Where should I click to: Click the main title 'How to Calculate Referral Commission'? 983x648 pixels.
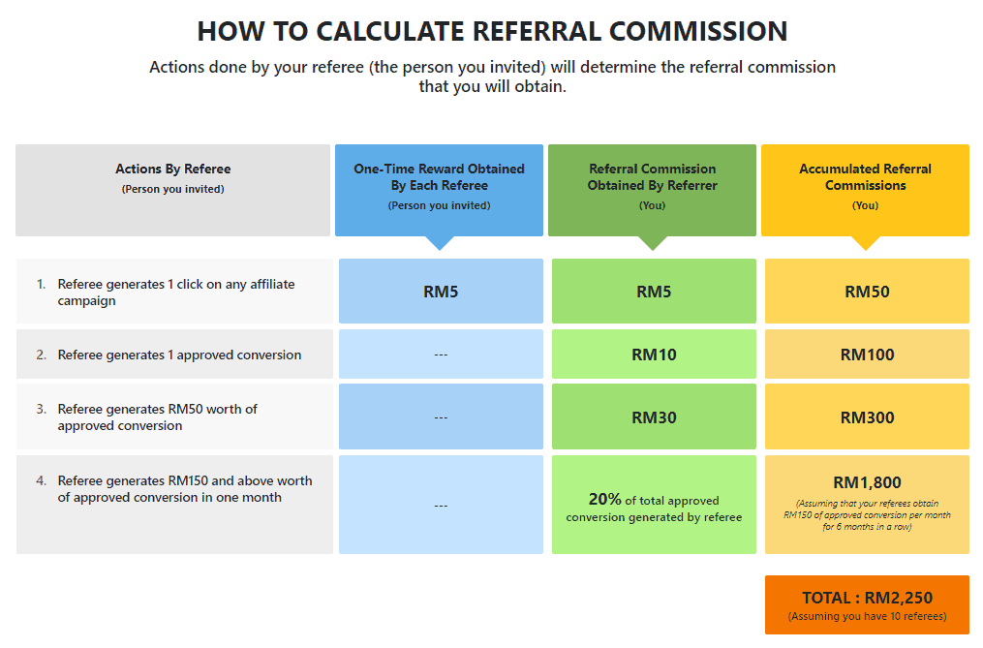pyautogui.click(x=492, y=31)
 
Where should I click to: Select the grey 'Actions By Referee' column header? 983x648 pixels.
pyautogui.click(x=173, y=190)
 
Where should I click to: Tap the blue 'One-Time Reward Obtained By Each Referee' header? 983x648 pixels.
pyautogui.click(x=439, y=190)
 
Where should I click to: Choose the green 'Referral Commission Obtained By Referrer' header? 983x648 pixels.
pyautogui.click(x=652, y=190)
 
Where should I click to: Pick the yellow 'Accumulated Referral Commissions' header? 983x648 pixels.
pyautogui.click(x=865, y=190)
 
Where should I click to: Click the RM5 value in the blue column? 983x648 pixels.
pyautogui.click(x=441, y=292)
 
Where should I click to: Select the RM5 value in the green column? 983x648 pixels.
pyautogui.click(x=654, y=292)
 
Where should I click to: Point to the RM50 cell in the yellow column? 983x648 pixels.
pyautogui.click(x=867, y=292)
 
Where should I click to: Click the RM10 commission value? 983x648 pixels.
pyautogui.click(x=654, y=355)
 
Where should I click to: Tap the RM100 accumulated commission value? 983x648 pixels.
pyautogui.click(x=867, y=355)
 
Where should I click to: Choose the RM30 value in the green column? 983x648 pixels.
pyautogui.click(x=654, y=417)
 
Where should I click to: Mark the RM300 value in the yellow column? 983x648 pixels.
pyautogui.click(x=867, y=417)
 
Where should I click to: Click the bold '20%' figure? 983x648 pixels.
pyautogui.click(x=604, y=500)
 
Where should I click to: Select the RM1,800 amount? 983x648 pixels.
pyautogui.click(x=867, y=482)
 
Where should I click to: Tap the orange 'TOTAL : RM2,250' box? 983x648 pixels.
pyautogui.click(x=867, y=604)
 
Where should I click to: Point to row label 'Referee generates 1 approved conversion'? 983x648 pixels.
pyautogui.click(x=179, y=355)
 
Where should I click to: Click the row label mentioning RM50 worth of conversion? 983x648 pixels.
pyautogui.click(x=157, y=417)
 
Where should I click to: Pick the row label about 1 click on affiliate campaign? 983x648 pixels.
pyautogui.click(x=176, y=293)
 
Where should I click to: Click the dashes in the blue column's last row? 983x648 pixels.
pyautogui.click(x=441, y=506)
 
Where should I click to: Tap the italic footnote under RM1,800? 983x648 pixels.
pyautogui.click(x=867, y=515)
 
